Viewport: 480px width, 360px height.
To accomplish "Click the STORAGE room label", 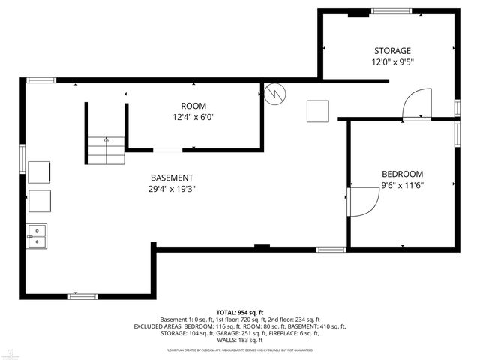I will [392, 51].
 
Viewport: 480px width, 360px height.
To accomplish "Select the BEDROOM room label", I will [402, 174].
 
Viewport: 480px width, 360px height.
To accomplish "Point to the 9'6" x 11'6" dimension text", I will [402, 185].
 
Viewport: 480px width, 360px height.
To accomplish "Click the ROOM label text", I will [193, 106].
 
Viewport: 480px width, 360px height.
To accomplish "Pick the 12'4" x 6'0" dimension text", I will [193, 117].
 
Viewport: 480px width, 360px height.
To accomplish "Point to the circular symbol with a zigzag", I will [275, 93].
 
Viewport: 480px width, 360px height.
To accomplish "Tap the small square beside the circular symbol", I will [317, 111].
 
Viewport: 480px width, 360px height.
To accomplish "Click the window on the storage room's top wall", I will [391, 11].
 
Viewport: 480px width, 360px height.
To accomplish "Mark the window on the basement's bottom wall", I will [82, 296].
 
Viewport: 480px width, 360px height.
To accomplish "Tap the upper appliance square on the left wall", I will [39, 172].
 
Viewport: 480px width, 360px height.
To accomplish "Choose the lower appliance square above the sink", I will [39, 202].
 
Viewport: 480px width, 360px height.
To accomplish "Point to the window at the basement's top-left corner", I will [42, 80].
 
